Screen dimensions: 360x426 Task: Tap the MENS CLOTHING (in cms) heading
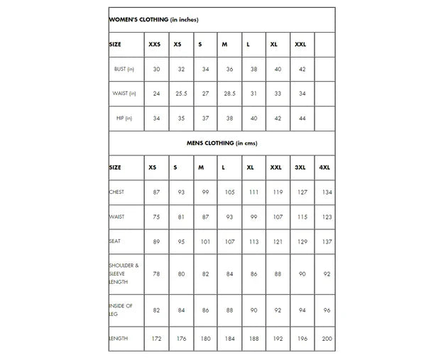click(x=221, y=143)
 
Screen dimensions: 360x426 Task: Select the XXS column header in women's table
click(x=155, y=44)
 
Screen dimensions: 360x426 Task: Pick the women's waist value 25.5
click(x=181, y=94)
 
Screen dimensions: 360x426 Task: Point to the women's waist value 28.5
click(x=229, y=94)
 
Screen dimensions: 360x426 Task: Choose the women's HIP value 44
click(x=302, y=118)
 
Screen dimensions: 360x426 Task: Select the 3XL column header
click(x=300, y=168)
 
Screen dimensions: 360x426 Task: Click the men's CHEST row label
click(x=116, y=192)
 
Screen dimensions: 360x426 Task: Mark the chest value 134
click(x=327, y=192)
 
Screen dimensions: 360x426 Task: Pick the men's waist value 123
click(x=327, y=217)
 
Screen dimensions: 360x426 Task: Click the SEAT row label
click(x=115, y=241)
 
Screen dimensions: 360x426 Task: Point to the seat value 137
click(x=327, y=241)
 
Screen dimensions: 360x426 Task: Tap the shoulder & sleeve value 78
click(x=156, y=273)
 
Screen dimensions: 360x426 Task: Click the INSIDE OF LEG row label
click(x=121, y=310)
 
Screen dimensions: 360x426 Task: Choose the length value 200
click(x=327, y=339)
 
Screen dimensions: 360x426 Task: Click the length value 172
click(x=157, y=339)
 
